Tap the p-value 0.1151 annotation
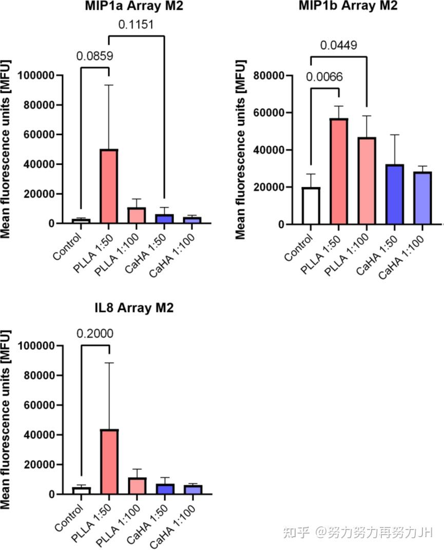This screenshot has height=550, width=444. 137,24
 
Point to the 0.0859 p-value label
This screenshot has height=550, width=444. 95,55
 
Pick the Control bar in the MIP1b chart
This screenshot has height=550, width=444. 311,206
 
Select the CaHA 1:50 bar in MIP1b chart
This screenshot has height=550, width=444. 396,194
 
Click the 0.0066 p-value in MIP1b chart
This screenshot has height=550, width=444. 324,77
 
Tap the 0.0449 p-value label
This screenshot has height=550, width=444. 339,45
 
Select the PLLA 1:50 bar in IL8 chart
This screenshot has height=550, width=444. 109,462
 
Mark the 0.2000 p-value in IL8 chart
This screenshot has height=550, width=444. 95,333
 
